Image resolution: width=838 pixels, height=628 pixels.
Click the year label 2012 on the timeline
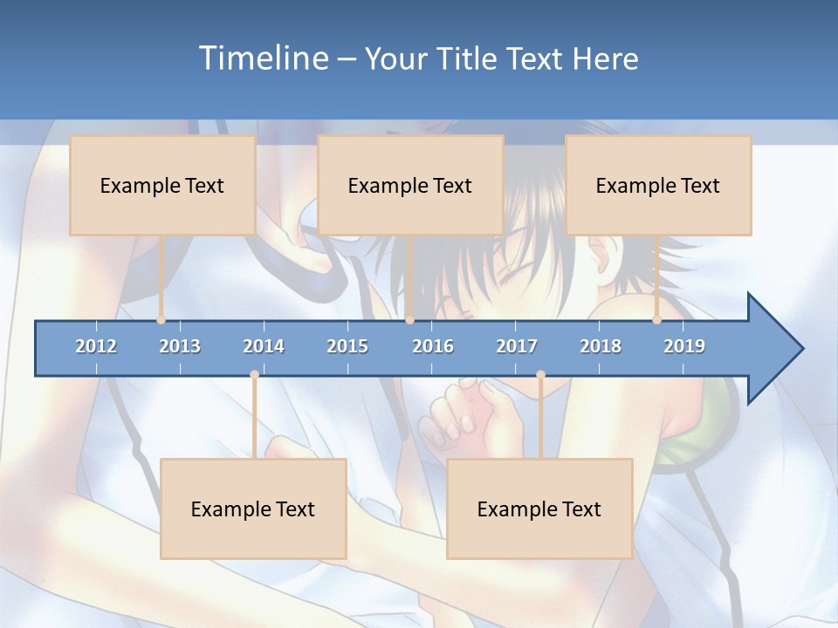click(x=96, y=346)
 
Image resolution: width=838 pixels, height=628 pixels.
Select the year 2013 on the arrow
click(x=180, y=346)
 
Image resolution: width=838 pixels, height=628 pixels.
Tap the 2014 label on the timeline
click(x=264, y=346)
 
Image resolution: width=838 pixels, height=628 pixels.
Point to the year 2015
click(x=347, y=346)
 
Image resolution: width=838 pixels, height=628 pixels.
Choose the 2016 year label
click(x=433, y=346)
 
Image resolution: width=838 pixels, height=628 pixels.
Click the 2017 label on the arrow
click(x=517, y=346)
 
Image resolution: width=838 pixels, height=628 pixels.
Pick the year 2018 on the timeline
click(x=601, y=346)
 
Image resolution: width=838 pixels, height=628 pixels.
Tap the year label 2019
click(x=684, y=346)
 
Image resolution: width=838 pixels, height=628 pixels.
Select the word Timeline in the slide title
click(x=263, y=58)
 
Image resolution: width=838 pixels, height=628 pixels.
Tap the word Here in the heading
click(x=605, y=58)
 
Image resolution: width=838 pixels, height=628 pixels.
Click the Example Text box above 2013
click(x=162, y=185)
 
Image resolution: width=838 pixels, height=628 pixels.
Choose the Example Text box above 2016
click(x=410, y=185)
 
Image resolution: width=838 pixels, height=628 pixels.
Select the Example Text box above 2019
click(x=658, y=185)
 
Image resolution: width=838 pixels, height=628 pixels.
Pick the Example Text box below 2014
click(x=253, y=509)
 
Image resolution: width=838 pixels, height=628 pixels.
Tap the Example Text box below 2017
click(x=539, y=509)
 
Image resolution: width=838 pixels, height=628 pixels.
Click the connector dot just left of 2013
click(x=161, y=320)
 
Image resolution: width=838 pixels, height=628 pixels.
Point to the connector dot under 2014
click(x=254, y=375)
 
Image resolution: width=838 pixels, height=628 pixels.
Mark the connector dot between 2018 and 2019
click(x=657, y=320)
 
